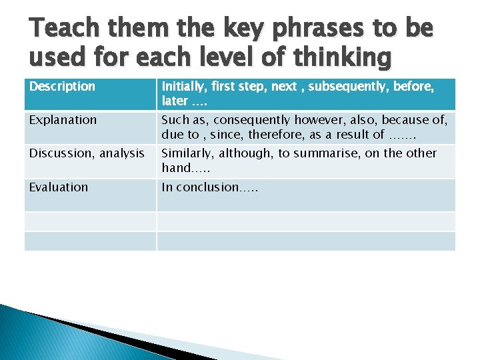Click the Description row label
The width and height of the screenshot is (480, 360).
coord(62,87)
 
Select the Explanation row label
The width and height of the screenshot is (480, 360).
coord(63,120)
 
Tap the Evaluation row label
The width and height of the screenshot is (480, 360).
coord(59,187)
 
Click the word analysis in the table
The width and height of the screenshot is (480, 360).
coord(122,153)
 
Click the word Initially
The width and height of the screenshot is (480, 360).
coord(181,86)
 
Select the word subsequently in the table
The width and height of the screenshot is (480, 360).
coord(332,86)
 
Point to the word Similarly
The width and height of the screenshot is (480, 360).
coord(186,153)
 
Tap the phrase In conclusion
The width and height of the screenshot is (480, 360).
coord(200,187)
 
